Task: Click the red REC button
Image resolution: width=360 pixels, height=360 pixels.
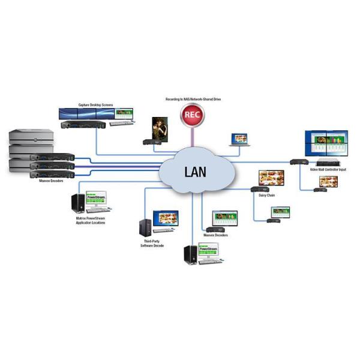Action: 193,114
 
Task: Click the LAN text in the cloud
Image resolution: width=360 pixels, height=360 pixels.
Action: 193,172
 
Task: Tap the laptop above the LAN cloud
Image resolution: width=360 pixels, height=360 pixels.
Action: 239,140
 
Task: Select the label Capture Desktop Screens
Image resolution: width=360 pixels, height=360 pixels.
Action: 95,104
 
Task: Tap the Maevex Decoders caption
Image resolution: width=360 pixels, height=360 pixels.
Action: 217,235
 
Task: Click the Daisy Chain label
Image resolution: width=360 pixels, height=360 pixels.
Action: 266,194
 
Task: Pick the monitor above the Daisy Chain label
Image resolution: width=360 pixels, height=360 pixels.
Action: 270,179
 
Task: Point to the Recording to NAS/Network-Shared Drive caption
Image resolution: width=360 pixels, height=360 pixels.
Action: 193,98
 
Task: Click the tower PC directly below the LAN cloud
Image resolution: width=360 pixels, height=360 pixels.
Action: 190,254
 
